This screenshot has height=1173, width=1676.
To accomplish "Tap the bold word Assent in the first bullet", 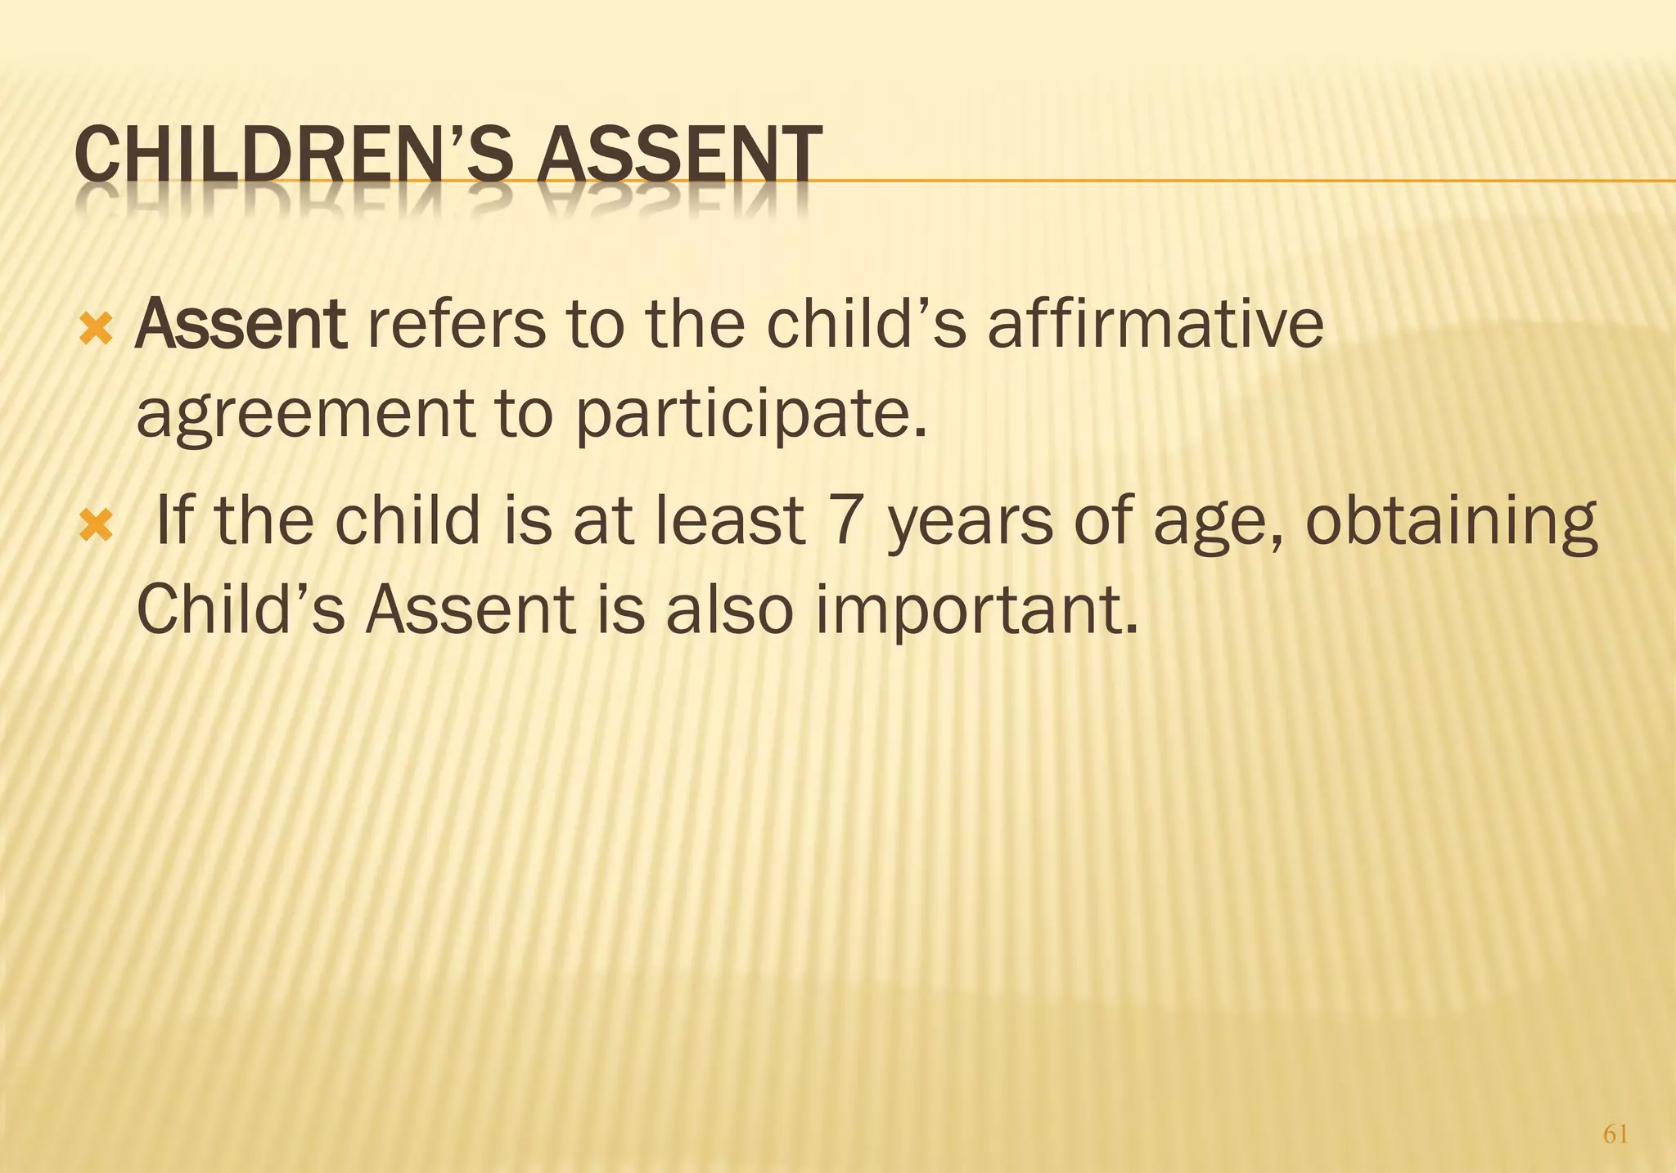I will [x=241, y=325].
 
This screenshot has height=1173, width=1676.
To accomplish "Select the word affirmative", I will [x=1155, y=325].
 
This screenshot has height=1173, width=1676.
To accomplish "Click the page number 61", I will [x=1615, y=1135].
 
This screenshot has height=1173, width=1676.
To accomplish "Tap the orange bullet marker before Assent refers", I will [x=95, y=330].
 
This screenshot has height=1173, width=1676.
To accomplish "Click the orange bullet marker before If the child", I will [x=95, y=527].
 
